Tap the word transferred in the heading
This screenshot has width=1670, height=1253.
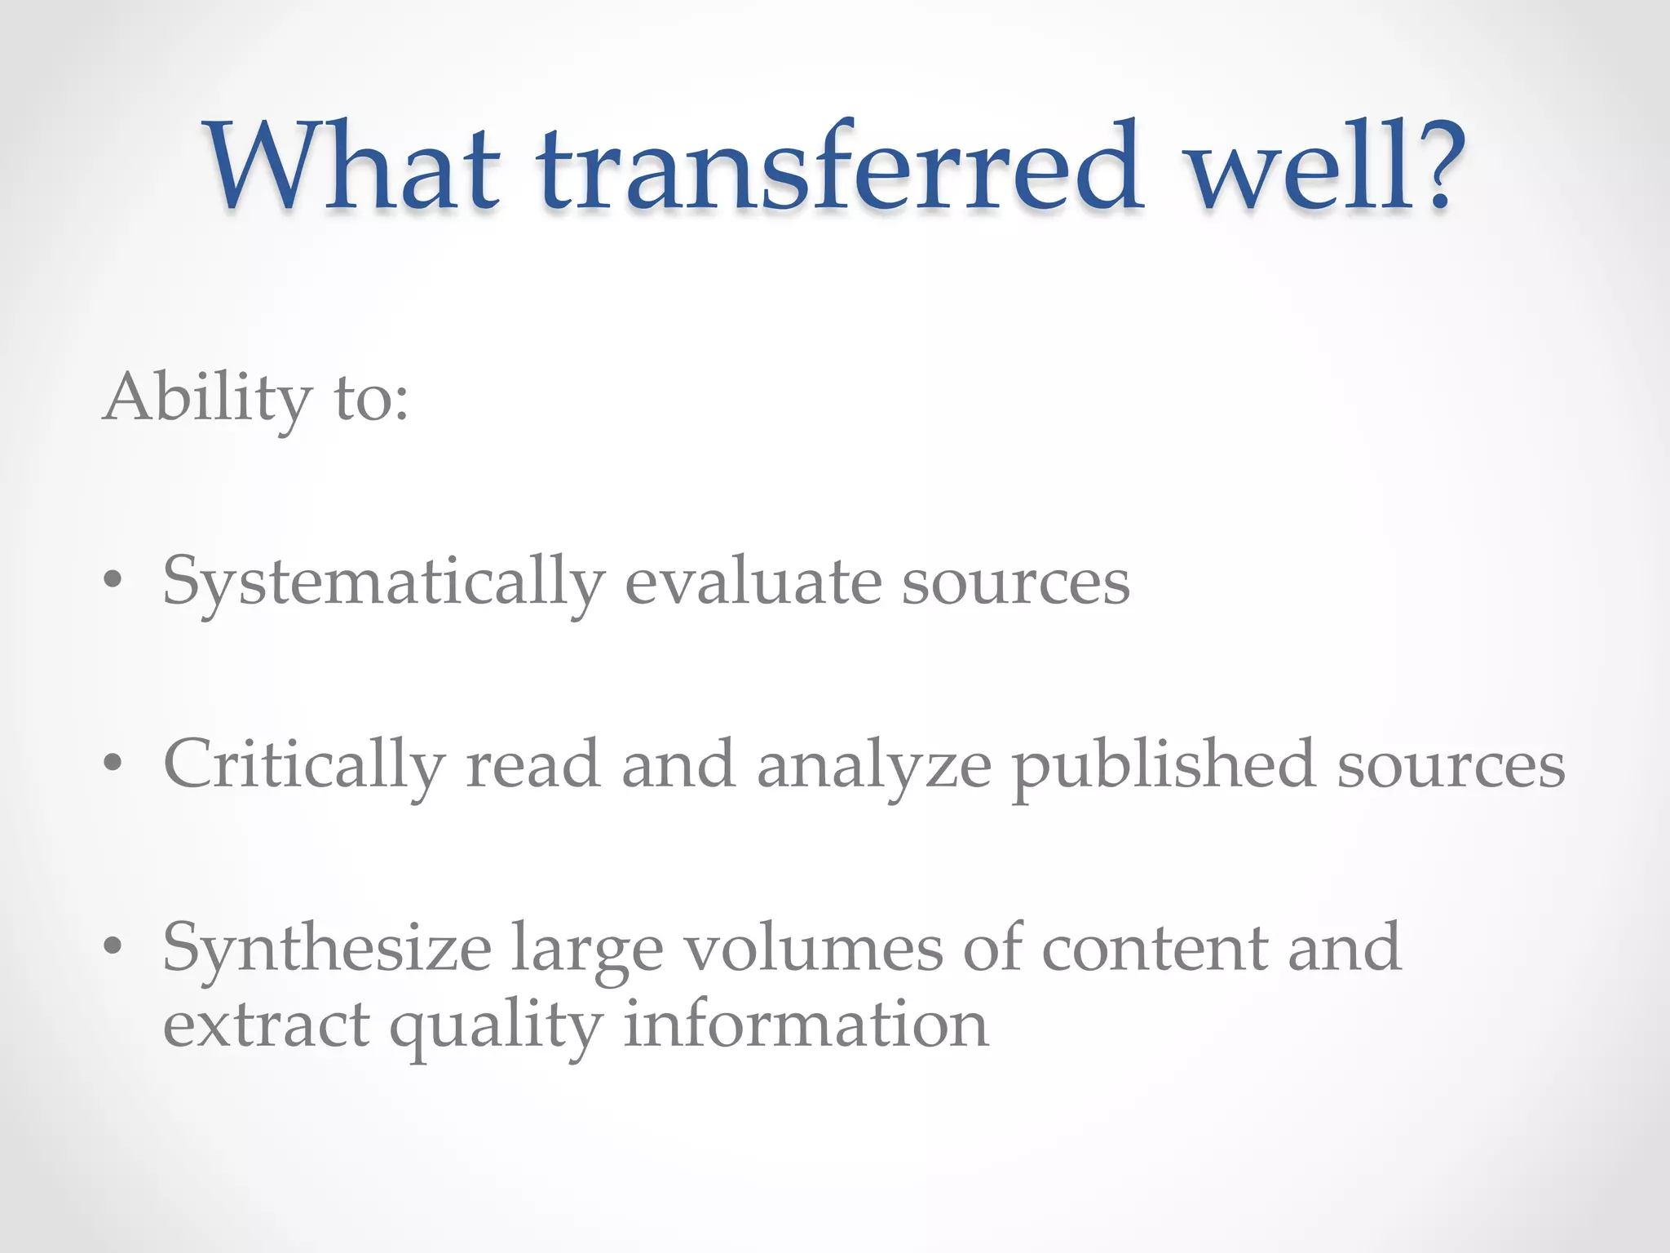coord(840,166)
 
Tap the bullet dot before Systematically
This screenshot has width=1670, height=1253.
coord(113,581)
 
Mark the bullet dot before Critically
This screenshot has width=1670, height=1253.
coord(113,764)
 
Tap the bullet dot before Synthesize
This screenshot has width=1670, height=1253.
coord(113,946)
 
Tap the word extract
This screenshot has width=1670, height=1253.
coord(266,1025)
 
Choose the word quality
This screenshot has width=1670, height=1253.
coord(496,1026)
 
